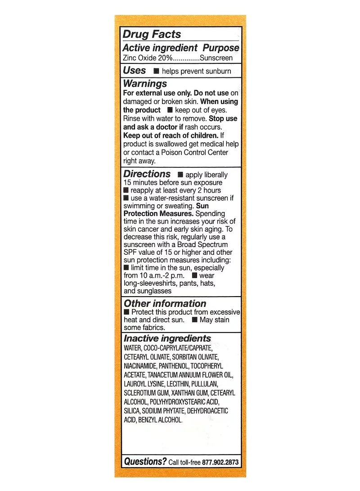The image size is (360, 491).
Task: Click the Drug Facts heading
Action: [152, 35]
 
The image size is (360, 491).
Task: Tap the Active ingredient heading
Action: [160, 48]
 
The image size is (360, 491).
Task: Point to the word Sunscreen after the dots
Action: [216, 58]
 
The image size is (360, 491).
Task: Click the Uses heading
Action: [135, 71]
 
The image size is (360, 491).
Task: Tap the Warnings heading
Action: [145, 84]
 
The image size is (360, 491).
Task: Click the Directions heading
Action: [147, 174]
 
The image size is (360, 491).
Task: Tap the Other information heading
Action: [165, 304]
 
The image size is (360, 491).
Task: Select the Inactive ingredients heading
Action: [167, 338]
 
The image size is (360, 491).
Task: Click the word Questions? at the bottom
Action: [145, 461]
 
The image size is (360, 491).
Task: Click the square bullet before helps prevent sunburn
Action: [156, 71]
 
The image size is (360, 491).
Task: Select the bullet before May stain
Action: [194, 320]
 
